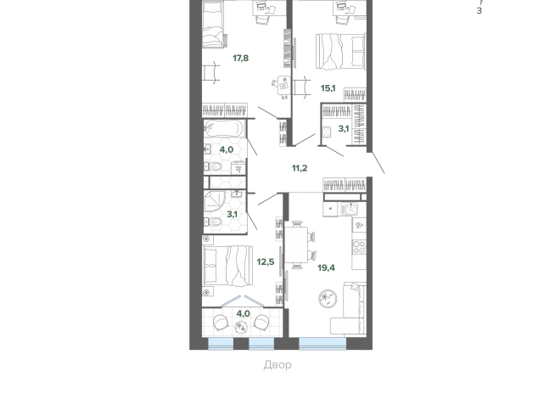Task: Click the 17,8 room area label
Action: point(241,58)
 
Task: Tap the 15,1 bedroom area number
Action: point(328,88)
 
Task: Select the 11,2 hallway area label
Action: point(300,168)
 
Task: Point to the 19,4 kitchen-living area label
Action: point(327,267)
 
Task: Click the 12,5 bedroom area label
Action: point(266,262)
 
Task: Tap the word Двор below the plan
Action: point(277,365)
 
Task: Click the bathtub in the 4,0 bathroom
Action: point(224,128)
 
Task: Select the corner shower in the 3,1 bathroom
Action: point(215,201)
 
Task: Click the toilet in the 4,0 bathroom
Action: point(214,166)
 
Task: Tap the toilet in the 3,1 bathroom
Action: point(214,222)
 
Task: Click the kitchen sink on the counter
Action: point(350,209)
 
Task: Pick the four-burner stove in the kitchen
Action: point(359,247)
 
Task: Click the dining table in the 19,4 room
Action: point(296,245)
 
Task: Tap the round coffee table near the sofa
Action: point(328,299)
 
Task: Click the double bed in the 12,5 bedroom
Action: point(227,266)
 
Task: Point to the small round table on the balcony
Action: point(241,327)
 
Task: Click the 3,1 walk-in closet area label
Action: point(344,129)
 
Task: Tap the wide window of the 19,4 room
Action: point(322,344)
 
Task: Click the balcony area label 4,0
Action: point(244,313)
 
